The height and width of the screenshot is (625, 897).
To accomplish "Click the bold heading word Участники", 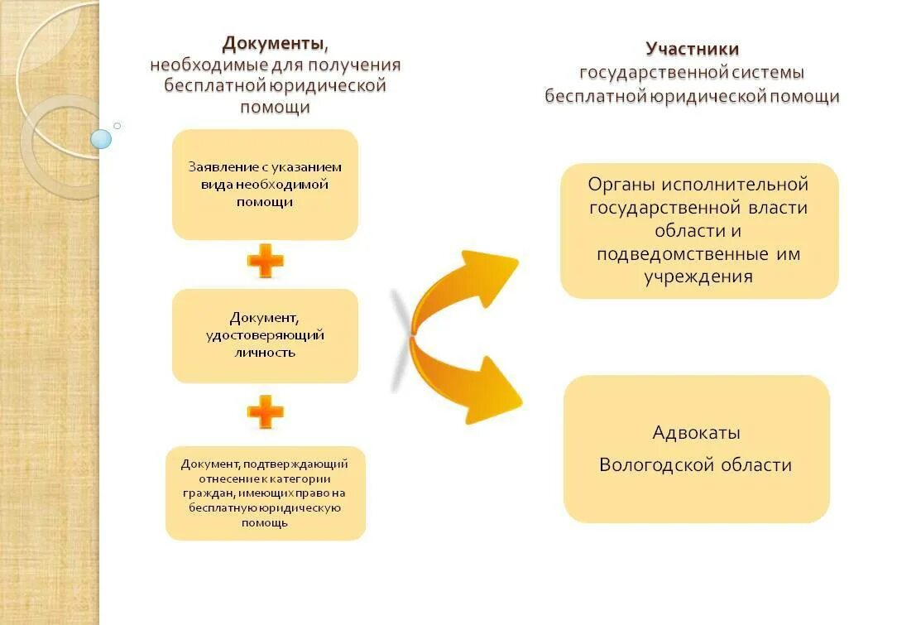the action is tap(692, 50).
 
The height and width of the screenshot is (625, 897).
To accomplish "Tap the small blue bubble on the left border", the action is tap(101, 138).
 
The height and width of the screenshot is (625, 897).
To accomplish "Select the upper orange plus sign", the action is tap(265, 263).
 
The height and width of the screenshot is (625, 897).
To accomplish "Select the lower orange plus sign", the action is tap(265, 411).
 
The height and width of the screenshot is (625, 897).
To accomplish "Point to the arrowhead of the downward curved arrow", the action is tap(497, 389).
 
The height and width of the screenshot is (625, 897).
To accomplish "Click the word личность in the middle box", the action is tap(265, 353).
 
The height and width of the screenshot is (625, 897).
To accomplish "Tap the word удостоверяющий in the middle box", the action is tap(265, 335).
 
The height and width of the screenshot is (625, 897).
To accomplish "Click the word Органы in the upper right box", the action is tap(617, 185).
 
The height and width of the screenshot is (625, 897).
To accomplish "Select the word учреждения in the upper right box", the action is tap(698, 276).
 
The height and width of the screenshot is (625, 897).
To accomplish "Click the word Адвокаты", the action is tap(696, 433).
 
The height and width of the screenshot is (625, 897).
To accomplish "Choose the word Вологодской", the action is tap(656, 464).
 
